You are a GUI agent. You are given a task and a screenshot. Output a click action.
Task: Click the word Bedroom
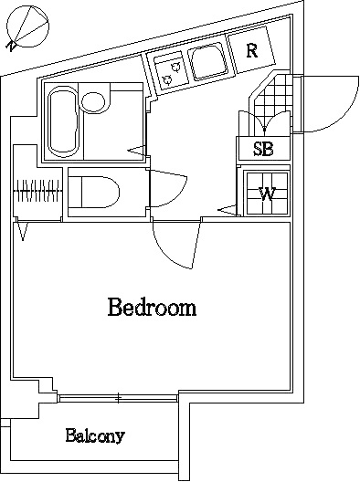click(152, 307)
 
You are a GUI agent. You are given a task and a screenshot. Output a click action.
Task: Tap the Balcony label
click(95, 435)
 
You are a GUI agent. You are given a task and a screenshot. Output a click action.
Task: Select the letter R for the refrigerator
click(251, 50)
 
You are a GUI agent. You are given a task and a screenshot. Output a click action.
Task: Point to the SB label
click(263, 149)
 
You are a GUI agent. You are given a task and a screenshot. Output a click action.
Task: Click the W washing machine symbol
click(267, 193)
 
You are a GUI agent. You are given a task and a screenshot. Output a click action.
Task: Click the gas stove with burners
click(169, 70)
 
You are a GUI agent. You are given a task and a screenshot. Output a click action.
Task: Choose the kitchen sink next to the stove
click(209, 63)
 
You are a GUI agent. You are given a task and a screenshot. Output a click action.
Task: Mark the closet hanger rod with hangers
click(39, 193)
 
